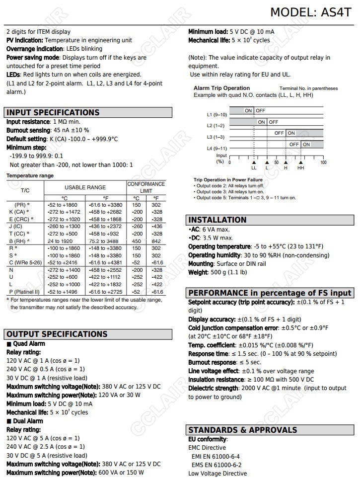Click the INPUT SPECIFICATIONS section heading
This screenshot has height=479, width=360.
click(x=53, y=112)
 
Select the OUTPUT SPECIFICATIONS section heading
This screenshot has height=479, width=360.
click(x=57, y=334)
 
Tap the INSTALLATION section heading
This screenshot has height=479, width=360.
click(x=217, y=220)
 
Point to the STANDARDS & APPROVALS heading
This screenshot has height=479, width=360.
click(x=243, y=430)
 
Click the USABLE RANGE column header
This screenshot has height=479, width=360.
click(x=85, y=187)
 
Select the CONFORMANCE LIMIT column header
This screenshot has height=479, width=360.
click(x=146, y=187)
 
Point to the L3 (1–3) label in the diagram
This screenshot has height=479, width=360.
click(x=216, y=137)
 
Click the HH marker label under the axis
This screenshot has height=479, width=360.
click(x=301, y=168)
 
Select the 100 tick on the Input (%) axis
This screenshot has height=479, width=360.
click(x=323, y=162)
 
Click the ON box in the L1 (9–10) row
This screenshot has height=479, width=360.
click(x=248, y=110)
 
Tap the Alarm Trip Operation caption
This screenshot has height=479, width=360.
click(x=221, y=88)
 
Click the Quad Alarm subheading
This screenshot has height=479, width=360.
click(x=29, y=343)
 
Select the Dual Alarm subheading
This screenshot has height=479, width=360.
click(x=28, y=421)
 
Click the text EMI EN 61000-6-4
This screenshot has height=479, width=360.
click(x=216, y=456)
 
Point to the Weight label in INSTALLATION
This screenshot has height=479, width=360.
click(x=198, y=272)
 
